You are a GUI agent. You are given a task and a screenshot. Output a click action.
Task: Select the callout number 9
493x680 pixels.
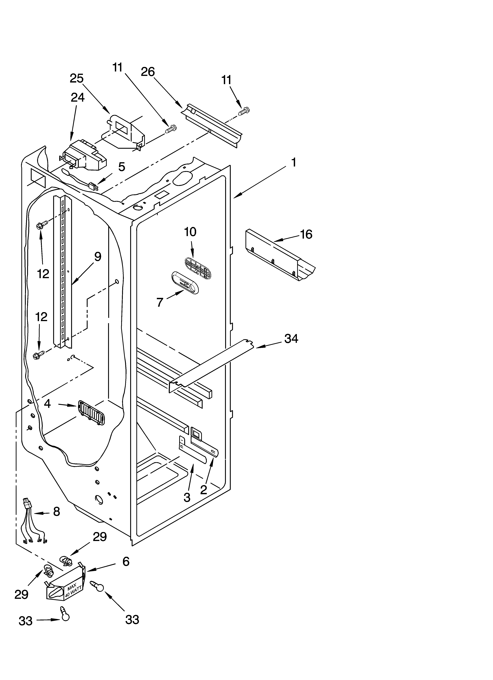click(x=98, y=257)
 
